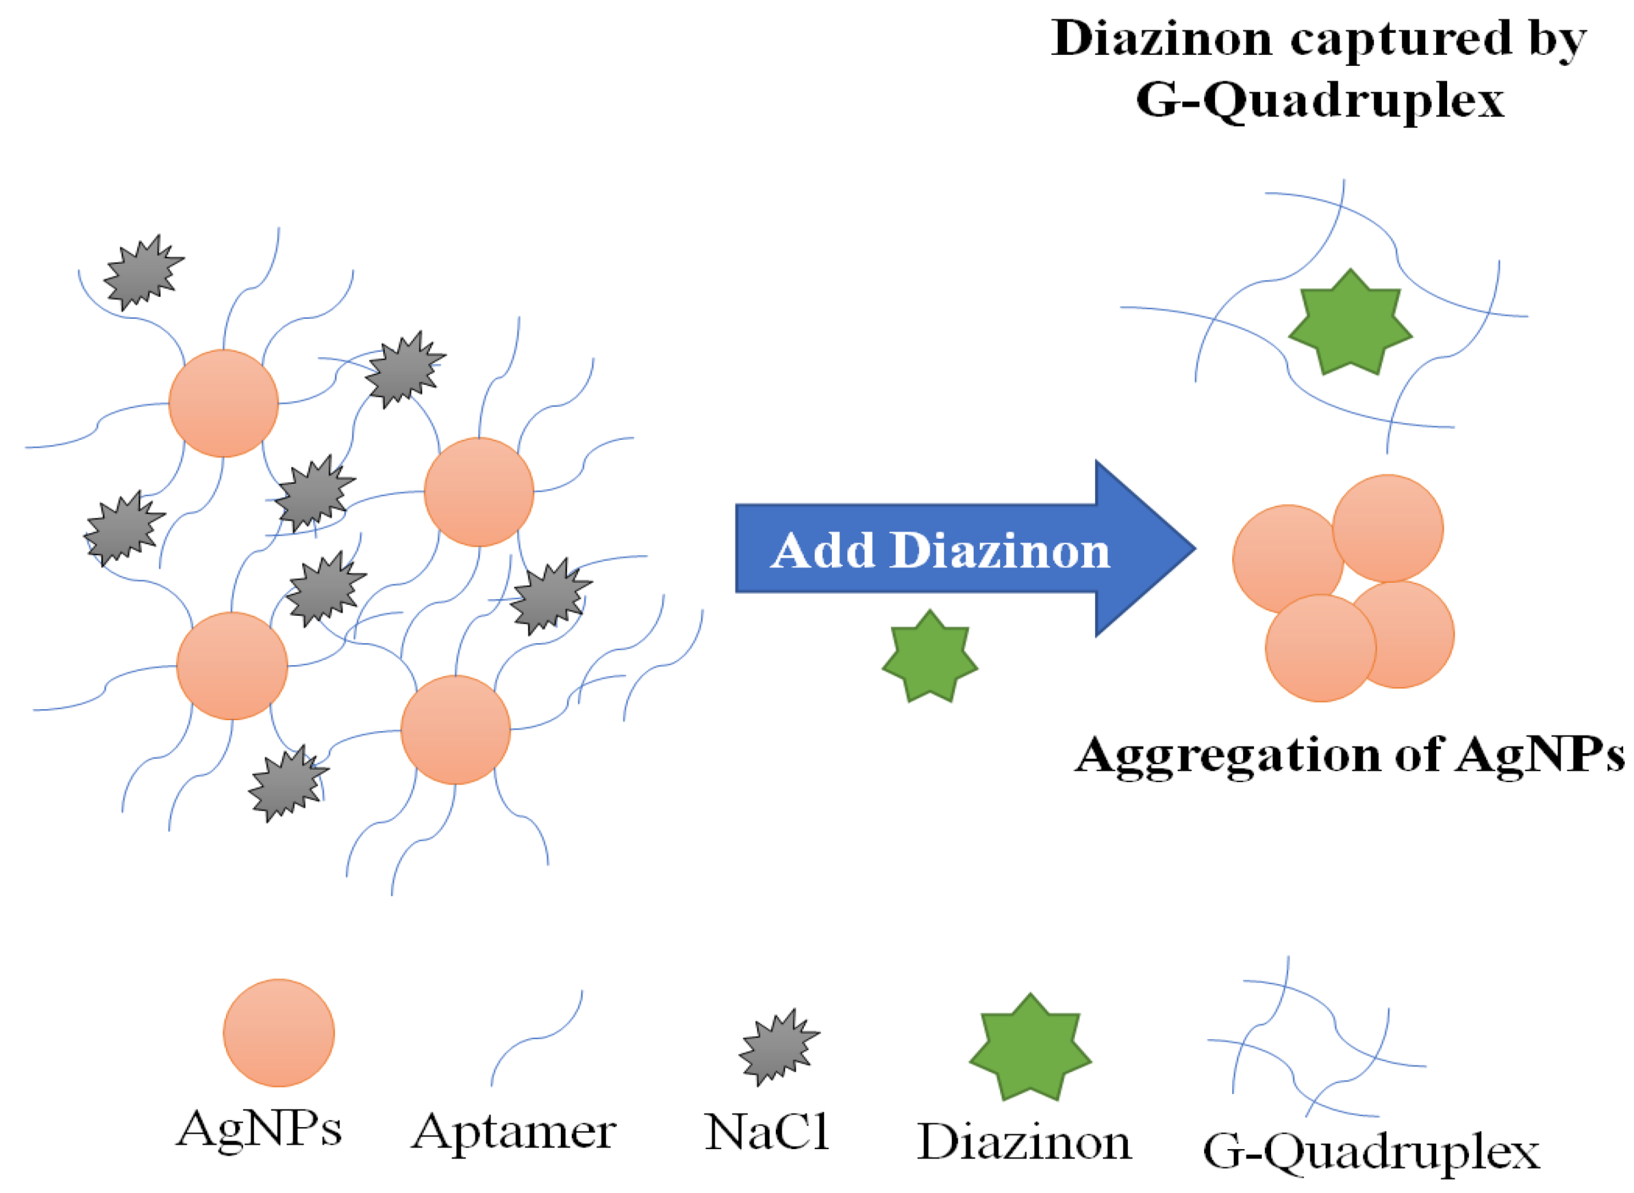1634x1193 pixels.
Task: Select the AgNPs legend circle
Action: coord(279,1033)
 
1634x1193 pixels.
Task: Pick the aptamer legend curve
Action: coord(536,1038)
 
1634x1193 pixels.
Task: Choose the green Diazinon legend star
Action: coord(1030,1049)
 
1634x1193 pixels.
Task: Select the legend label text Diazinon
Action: coord(1024,1142)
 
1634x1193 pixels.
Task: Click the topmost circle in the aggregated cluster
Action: coord(1387,528)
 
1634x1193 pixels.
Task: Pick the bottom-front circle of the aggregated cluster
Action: coord(1320,648)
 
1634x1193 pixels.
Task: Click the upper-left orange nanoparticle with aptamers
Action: coord(223,403)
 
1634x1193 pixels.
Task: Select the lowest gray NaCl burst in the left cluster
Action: coord(287,784)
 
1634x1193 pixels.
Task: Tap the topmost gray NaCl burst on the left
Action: coord(143,273)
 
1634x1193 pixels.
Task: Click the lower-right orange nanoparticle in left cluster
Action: coord(456,729)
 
